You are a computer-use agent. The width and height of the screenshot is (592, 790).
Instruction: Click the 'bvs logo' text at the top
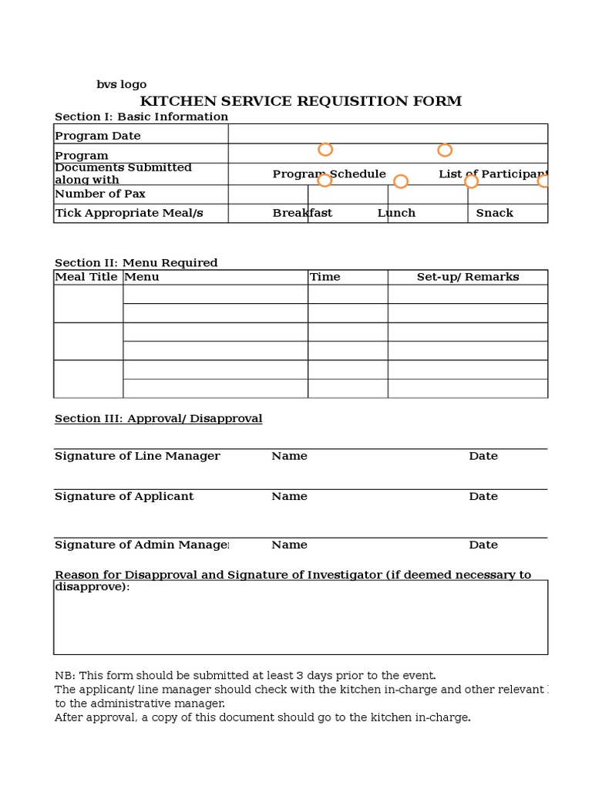pos(121,85)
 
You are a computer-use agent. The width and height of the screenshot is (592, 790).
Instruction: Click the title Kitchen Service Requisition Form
pos(301,102)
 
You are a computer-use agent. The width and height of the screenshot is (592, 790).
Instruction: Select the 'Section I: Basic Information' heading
pos(141,117)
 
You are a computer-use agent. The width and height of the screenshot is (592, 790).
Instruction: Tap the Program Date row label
pos(97,136)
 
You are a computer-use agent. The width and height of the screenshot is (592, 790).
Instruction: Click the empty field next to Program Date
pos(388,134)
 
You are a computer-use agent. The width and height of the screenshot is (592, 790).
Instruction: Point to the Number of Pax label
pos(99,194)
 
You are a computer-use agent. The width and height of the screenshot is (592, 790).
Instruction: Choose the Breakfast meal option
pos(302,213)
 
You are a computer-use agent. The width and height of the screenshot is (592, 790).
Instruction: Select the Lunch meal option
pos(396,213)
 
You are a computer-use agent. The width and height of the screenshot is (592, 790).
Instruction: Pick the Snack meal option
pos(494,213)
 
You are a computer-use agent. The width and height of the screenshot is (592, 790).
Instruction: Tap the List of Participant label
pos(493,174)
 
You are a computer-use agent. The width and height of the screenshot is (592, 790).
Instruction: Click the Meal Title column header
pos(86,277)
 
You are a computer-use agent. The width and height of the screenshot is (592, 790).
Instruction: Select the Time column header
pos(325,277)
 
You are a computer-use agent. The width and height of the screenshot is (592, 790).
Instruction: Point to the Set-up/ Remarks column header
pos(467,277)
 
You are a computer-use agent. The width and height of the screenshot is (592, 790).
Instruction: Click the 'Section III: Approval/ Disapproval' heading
pos(158,419)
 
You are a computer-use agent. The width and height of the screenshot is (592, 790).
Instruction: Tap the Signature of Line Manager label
pos(137,456)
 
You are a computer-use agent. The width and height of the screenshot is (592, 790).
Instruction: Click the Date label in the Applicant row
pos(483,497)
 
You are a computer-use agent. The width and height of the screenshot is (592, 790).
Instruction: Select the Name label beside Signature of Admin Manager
pos(289,545)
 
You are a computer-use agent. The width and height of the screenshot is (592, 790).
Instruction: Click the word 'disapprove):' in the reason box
pos(92,587)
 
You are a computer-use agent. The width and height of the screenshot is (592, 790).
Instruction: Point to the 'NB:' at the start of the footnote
pos(65,675)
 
